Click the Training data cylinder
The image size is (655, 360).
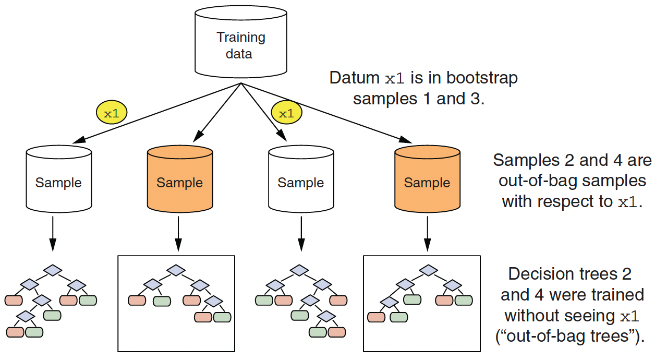(240, 42)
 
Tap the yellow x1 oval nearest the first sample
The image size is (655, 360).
(112, 113)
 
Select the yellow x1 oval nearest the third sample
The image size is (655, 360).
(287, 113)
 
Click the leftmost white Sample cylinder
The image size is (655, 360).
(59, 178)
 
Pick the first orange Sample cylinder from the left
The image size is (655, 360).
(180, 178)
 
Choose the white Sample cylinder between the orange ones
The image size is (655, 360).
(301, 178)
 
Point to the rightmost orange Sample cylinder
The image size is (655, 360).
(427, 178)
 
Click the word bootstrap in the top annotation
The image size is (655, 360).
(482, 78)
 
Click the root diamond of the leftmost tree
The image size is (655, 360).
(53, 270)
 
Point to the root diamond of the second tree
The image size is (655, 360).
(176, 270)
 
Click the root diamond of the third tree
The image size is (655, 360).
(299, 270)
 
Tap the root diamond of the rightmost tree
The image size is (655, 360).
(428, 270)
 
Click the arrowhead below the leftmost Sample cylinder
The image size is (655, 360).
(53, 245)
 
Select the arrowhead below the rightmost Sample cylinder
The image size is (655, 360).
(428, 245)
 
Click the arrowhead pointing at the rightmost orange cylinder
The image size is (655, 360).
(405, 139)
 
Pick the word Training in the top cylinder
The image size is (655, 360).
(241, 38)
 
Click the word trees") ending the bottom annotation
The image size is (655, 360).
(617, 337)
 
